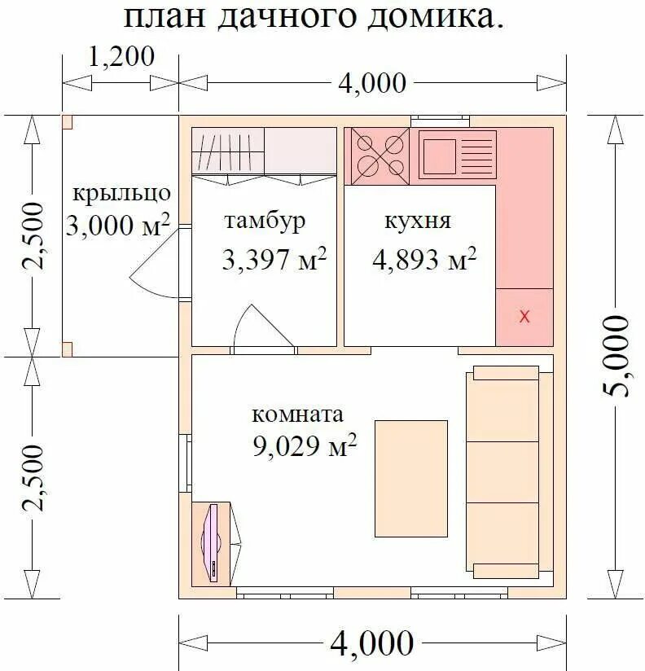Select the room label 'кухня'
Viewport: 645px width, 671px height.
[417, 221]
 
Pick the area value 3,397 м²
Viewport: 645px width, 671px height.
[274, 260]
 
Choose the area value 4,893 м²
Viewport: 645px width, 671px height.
[423, 260]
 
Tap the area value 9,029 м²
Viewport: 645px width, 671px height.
[304, 446]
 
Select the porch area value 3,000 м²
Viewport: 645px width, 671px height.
[117, 226]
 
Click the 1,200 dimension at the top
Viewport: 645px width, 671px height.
[121, 56]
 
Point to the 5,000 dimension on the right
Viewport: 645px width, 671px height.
[617, 355]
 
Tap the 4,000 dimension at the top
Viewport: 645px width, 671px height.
[371, 82]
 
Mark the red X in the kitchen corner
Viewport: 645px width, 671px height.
[524, 317]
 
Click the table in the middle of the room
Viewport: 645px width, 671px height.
[410, 478]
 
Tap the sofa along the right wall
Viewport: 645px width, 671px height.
[502, 472]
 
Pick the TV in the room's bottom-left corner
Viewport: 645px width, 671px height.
[213, 542]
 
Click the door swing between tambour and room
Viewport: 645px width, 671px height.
[254, 327]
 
